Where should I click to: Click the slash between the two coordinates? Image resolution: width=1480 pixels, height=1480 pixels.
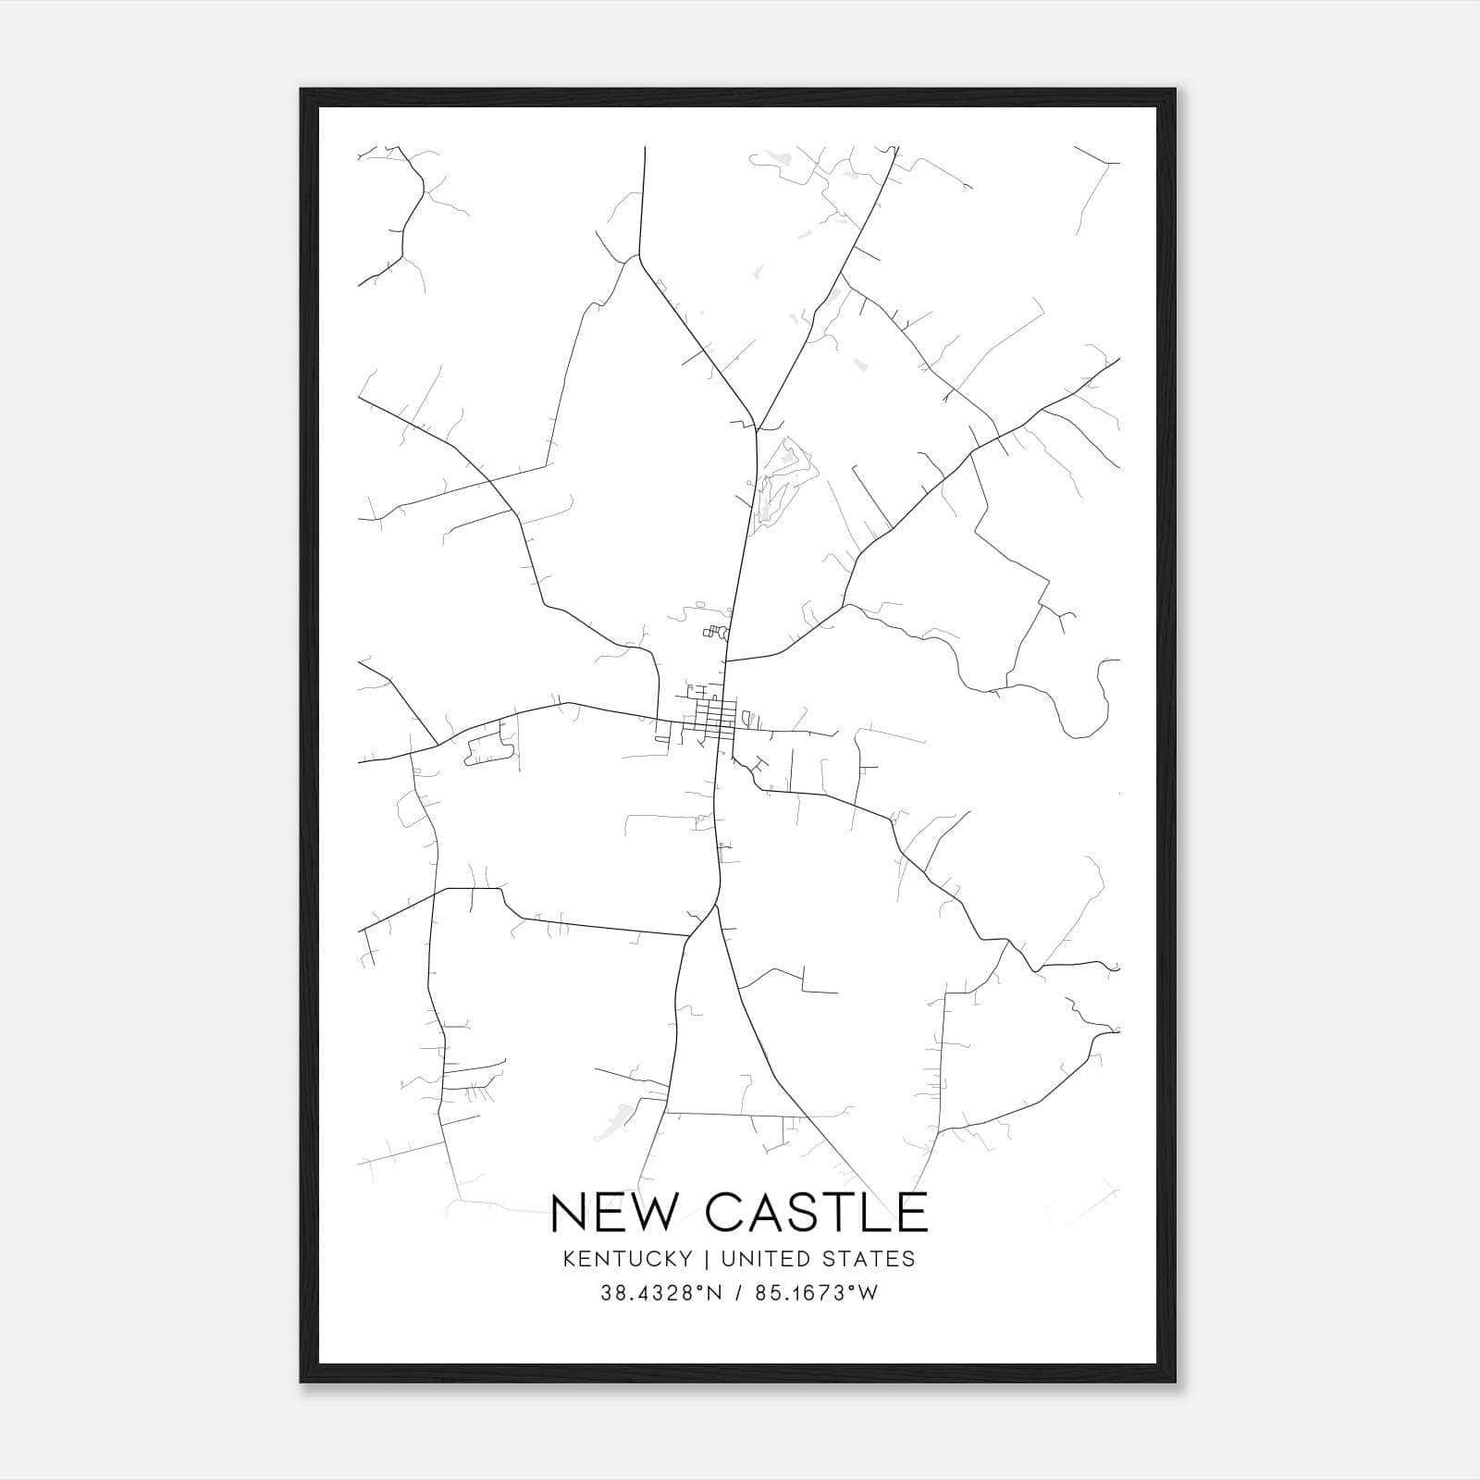[737, 1293]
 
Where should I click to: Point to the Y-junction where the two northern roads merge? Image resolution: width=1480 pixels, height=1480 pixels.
[756, 427]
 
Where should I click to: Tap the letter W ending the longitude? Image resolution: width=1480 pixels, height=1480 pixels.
[869, 1293]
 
